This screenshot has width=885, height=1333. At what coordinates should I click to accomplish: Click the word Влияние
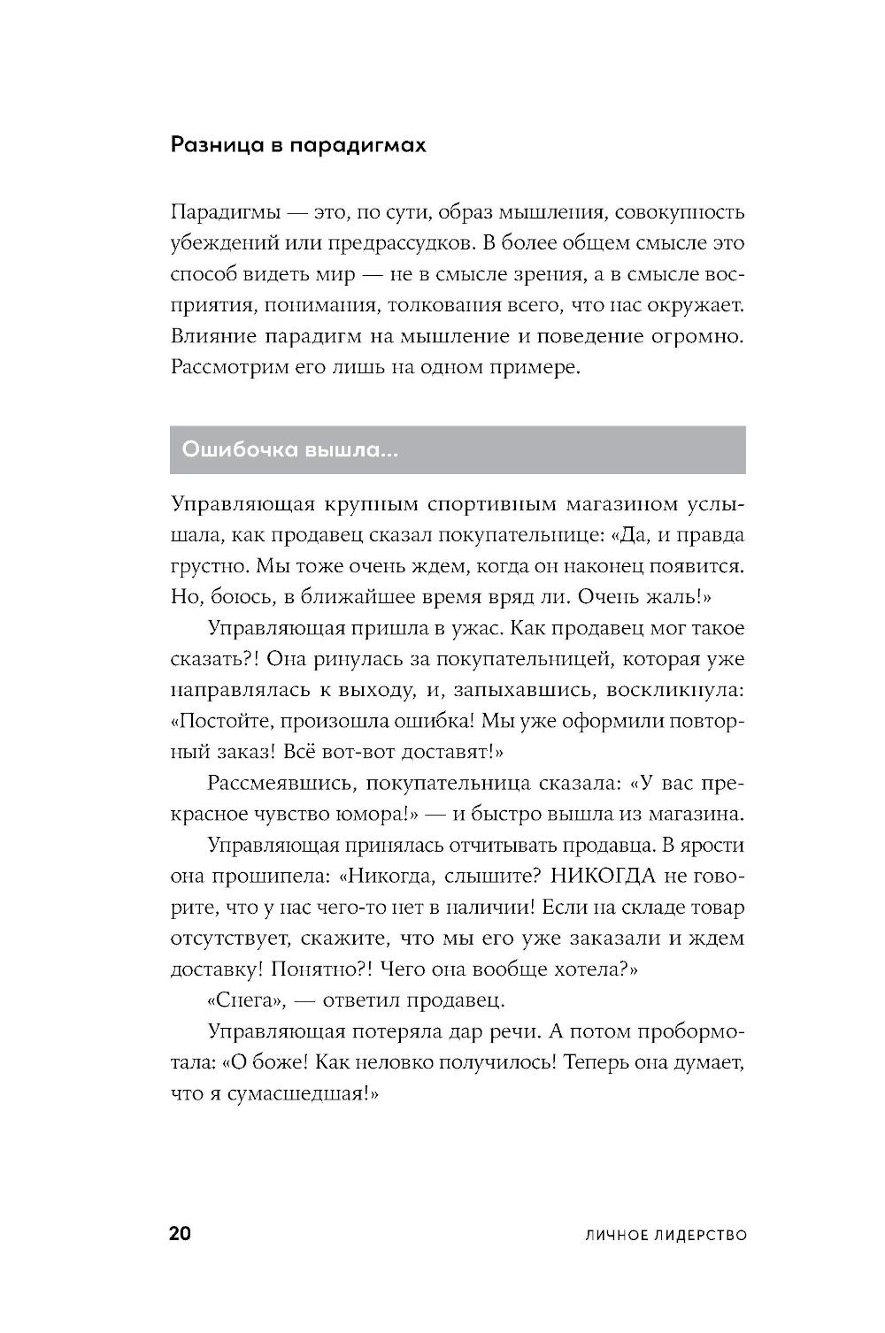(x=212, y=336)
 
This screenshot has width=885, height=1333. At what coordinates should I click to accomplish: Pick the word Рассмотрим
(x=227, y=367)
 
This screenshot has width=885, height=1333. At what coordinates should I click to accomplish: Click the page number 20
(x=180, y=1234)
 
